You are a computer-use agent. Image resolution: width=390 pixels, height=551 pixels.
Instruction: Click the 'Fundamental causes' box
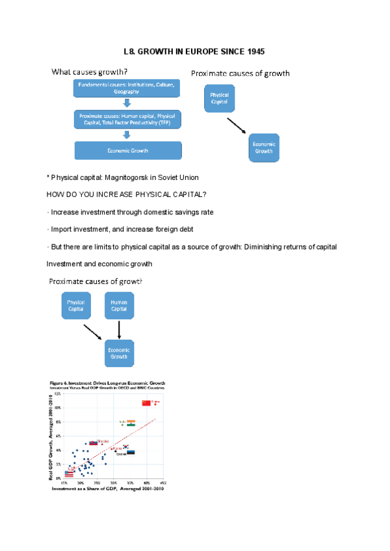127,88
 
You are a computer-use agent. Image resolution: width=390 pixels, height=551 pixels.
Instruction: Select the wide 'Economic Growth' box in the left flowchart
127,151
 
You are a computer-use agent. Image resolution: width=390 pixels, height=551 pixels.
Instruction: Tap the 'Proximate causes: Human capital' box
127,119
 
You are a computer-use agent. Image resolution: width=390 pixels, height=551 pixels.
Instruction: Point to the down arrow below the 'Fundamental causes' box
127,103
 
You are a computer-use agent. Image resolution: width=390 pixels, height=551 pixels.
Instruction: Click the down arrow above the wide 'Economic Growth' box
127,135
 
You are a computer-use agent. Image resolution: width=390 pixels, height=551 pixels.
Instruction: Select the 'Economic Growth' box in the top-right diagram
263,147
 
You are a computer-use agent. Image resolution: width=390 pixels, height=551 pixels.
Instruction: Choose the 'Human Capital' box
119,306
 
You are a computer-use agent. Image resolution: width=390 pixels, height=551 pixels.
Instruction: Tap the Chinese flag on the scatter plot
146,403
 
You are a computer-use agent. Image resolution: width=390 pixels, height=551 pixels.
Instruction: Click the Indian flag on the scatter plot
131,422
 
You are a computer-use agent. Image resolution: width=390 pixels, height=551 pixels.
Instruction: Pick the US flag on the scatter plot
69,474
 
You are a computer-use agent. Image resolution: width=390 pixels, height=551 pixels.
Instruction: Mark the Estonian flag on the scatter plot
131,452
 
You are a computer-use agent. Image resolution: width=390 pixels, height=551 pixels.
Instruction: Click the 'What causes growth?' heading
90,71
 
